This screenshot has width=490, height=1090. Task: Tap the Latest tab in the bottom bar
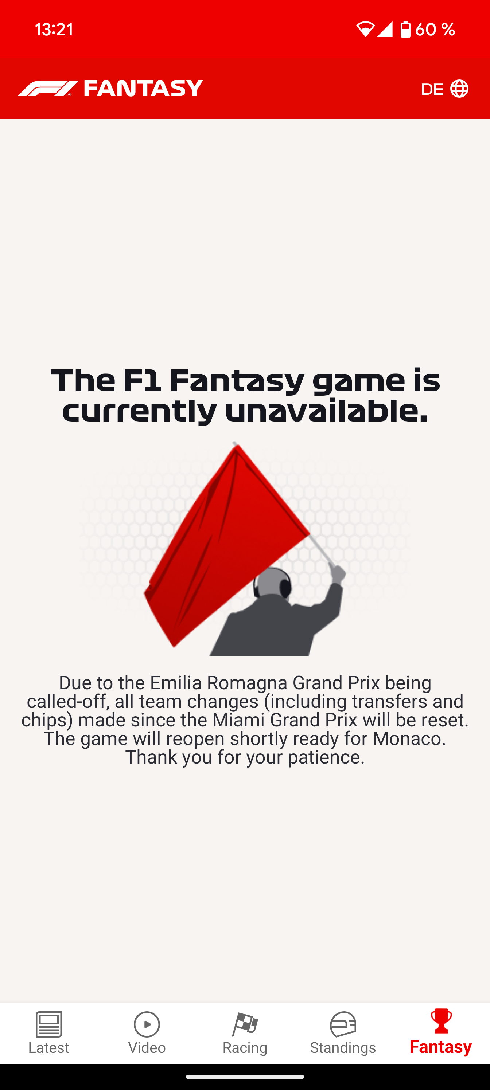coord(49,1032)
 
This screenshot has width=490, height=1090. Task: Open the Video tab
coord(147,1032)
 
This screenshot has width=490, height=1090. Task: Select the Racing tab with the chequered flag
coord(245,1032)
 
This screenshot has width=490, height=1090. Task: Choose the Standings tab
coord(343,1032)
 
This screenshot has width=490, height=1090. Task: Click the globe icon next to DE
coord(459,89)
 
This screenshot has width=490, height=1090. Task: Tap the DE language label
coord(432,89)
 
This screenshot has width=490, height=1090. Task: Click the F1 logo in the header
coord(48,89)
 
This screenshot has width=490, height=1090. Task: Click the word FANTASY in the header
coord(144,88)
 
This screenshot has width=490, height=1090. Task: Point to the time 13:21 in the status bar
coord(54,29)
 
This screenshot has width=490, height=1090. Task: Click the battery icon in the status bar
coord(405,29)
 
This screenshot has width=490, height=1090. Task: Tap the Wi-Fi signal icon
coord(365,29)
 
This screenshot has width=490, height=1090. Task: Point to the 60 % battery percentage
coord(435,29)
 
